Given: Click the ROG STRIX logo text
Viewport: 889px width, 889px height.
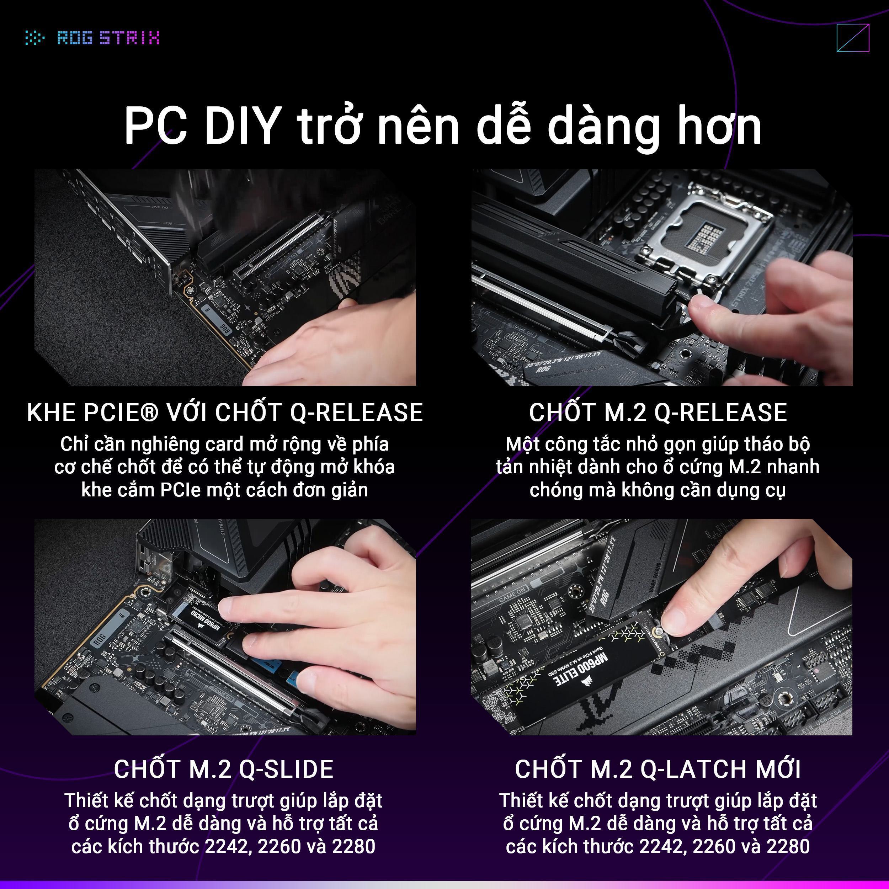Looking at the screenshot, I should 108,38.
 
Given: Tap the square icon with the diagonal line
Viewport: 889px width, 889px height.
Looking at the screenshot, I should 853,38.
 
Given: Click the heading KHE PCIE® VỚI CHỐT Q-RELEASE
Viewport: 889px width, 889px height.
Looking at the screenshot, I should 224,412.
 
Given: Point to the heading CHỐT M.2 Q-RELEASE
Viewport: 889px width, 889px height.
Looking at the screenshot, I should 658,412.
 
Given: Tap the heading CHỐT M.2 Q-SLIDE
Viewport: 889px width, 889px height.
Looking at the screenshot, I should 224,769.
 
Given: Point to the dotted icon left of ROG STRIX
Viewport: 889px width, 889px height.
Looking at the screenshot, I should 34,38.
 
